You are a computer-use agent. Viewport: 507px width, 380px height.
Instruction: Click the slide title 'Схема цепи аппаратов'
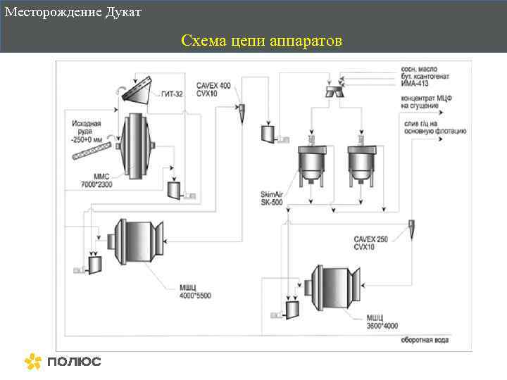(x=261, y=41)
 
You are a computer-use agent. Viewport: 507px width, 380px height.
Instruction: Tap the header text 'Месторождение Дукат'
(x=73, y=13)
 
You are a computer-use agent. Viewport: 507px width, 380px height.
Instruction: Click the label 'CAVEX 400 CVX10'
(x=213, y=89)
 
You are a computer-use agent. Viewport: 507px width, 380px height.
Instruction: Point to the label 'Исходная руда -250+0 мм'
(x=86, y=131)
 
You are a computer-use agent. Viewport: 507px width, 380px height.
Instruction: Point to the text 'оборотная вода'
(x=425, y=341)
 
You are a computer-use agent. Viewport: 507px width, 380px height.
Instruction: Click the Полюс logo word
(x=75, y=362)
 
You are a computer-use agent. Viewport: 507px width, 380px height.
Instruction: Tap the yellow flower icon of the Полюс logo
(x=33, y=361)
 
